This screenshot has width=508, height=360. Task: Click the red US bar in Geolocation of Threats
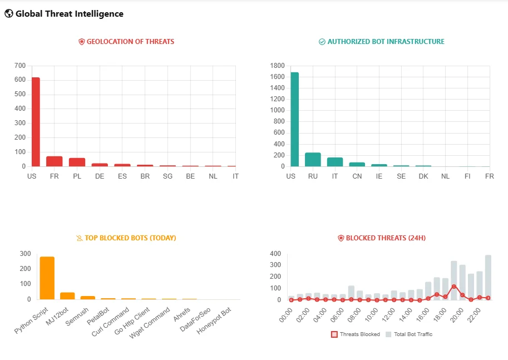[35, 122]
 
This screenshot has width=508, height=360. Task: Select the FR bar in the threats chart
[54, 161]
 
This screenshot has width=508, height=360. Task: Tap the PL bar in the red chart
[77, 162]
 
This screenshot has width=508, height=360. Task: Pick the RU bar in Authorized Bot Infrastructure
[313, 159]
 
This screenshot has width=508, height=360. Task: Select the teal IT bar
[335, 162]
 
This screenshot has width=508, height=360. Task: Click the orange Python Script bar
[47, 278]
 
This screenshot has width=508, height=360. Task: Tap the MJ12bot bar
[67, 295]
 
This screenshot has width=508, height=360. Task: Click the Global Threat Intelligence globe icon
[9, 14]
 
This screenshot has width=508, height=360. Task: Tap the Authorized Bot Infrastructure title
[386, 42]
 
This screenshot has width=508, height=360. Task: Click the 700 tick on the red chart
[20, 66]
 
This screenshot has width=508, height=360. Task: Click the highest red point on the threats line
[454, 287]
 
